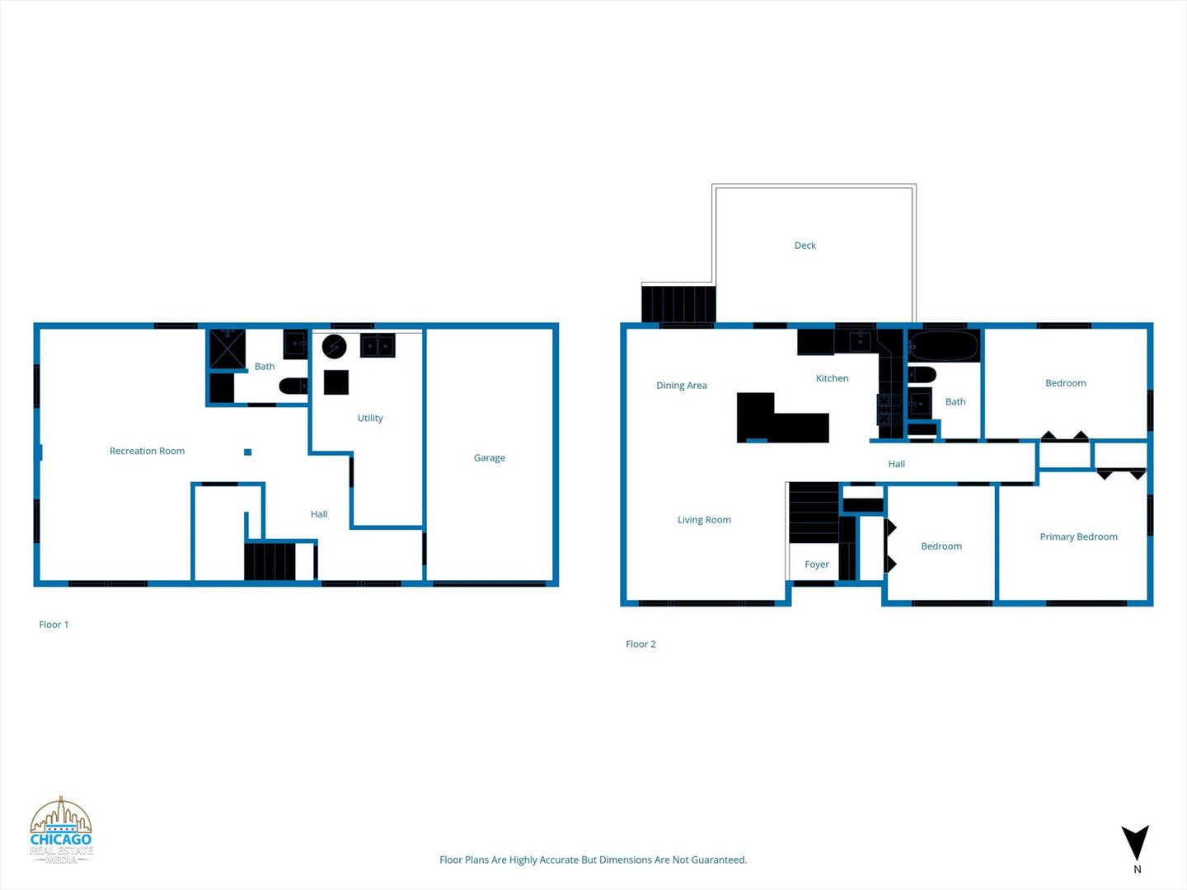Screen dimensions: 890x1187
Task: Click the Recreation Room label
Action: point(147,451)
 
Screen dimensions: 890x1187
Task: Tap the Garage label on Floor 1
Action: point(489,457)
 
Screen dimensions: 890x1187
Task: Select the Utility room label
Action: point(370,418)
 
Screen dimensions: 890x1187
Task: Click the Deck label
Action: point(805,246)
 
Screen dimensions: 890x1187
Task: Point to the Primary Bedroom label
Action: point(1078,536)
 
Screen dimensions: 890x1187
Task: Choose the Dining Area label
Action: point(681,385)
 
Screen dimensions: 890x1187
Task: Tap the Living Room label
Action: point(704,520)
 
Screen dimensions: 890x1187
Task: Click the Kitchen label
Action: point(832,378)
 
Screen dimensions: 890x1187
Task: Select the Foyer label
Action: point(816,564)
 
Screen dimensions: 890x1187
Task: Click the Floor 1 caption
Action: point(54,625)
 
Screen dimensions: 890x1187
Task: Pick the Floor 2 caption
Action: point(640,644)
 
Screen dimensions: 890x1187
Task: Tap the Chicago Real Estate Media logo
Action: point(61,831)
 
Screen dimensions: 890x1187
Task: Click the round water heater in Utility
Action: point(334,347)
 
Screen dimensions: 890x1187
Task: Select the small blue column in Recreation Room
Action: point(247,452)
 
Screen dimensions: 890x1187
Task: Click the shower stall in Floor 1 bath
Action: point(227,349)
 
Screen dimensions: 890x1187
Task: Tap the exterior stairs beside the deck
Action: point(678,303)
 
